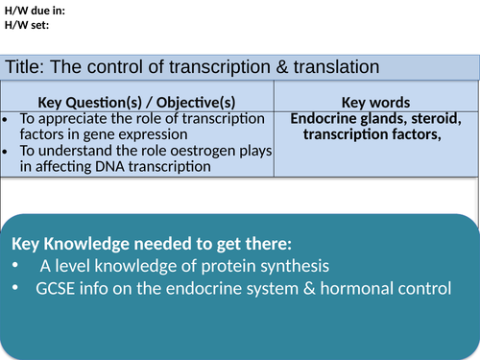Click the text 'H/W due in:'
[36, 12]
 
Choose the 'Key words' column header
[376, 102]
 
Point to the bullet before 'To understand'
[8, 152]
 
